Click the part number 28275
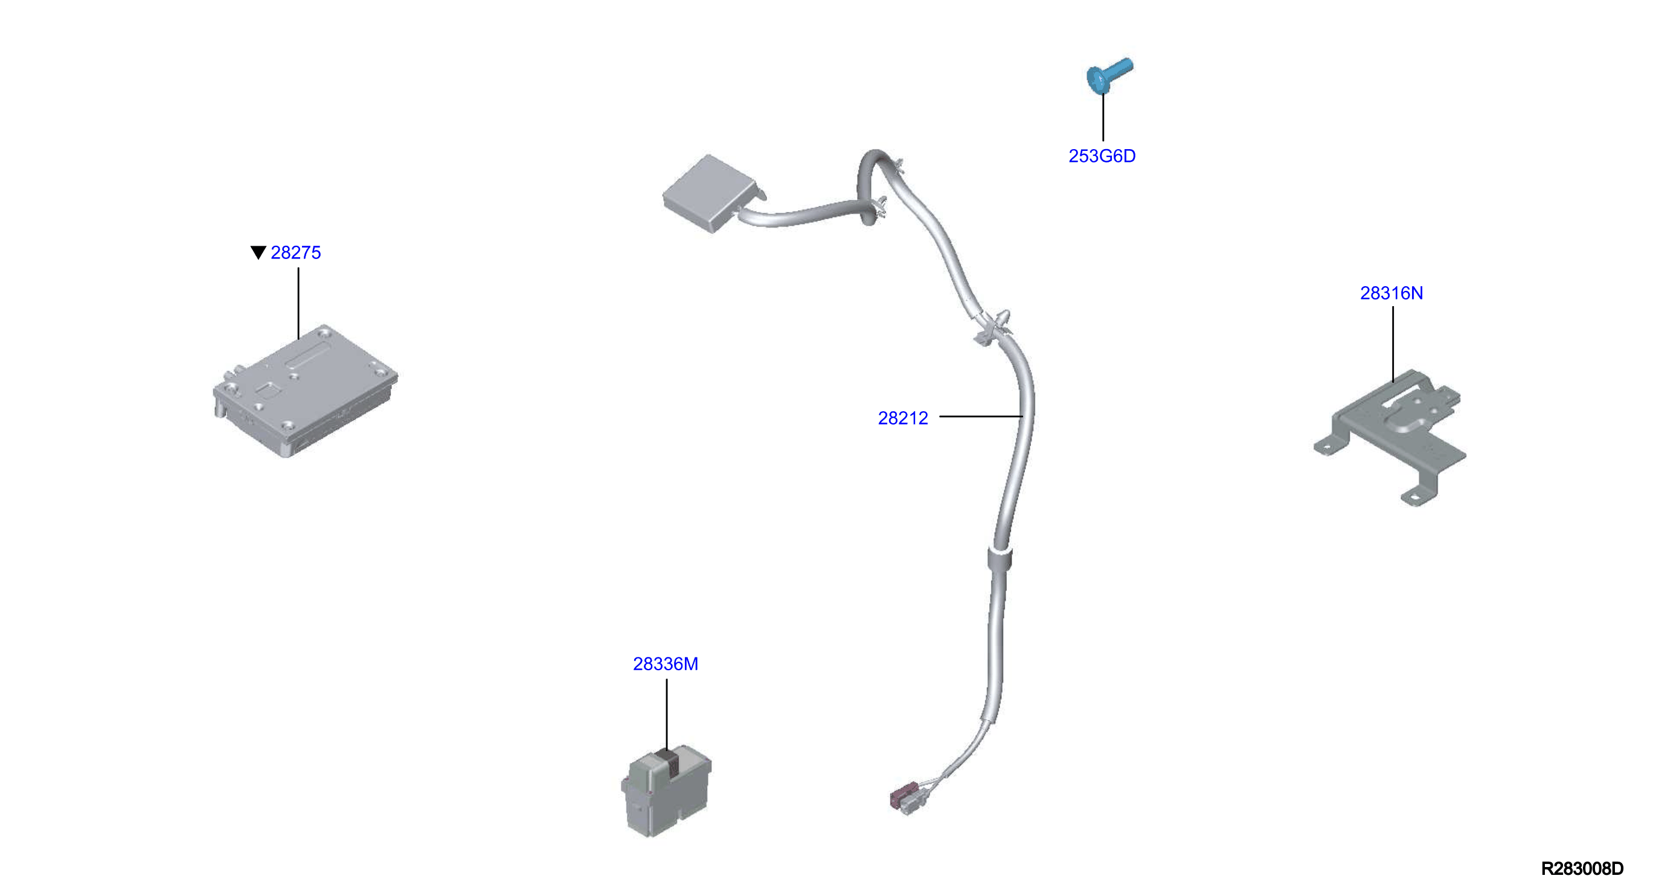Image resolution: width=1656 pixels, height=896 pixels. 296,252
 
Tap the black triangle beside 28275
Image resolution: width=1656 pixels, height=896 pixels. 258,252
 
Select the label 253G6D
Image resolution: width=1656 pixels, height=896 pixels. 1102,156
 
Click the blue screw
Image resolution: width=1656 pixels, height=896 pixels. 1109,76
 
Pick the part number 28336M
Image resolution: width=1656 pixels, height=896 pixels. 666,664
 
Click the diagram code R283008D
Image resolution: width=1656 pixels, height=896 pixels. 1582,869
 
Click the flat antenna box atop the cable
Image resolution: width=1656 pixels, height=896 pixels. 711,193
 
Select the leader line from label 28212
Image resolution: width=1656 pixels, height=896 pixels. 981,417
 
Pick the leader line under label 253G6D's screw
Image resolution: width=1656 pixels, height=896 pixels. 1103,118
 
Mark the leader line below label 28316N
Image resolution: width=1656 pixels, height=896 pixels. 1393,345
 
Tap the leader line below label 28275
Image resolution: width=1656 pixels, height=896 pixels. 298,303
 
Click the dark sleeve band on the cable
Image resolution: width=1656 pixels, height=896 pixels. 1000,560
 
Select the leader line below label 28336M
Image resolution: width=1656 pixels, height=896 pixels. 667,715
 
